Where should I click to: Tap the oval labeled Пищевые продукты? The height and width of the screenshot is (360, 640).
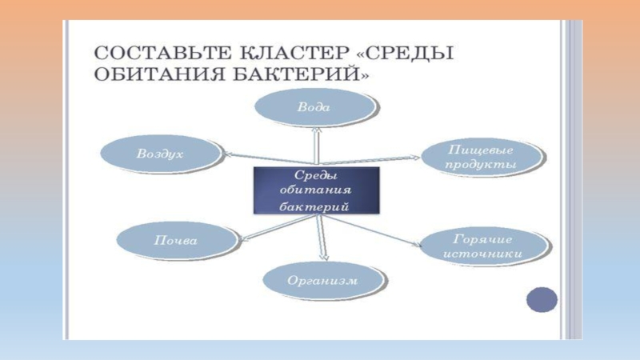(480, 157)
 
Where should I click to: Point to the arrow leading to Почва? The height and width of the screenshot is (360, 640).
(248, 230)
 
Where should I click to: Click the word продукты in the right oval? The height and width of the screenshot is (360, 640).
(480, 165)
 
